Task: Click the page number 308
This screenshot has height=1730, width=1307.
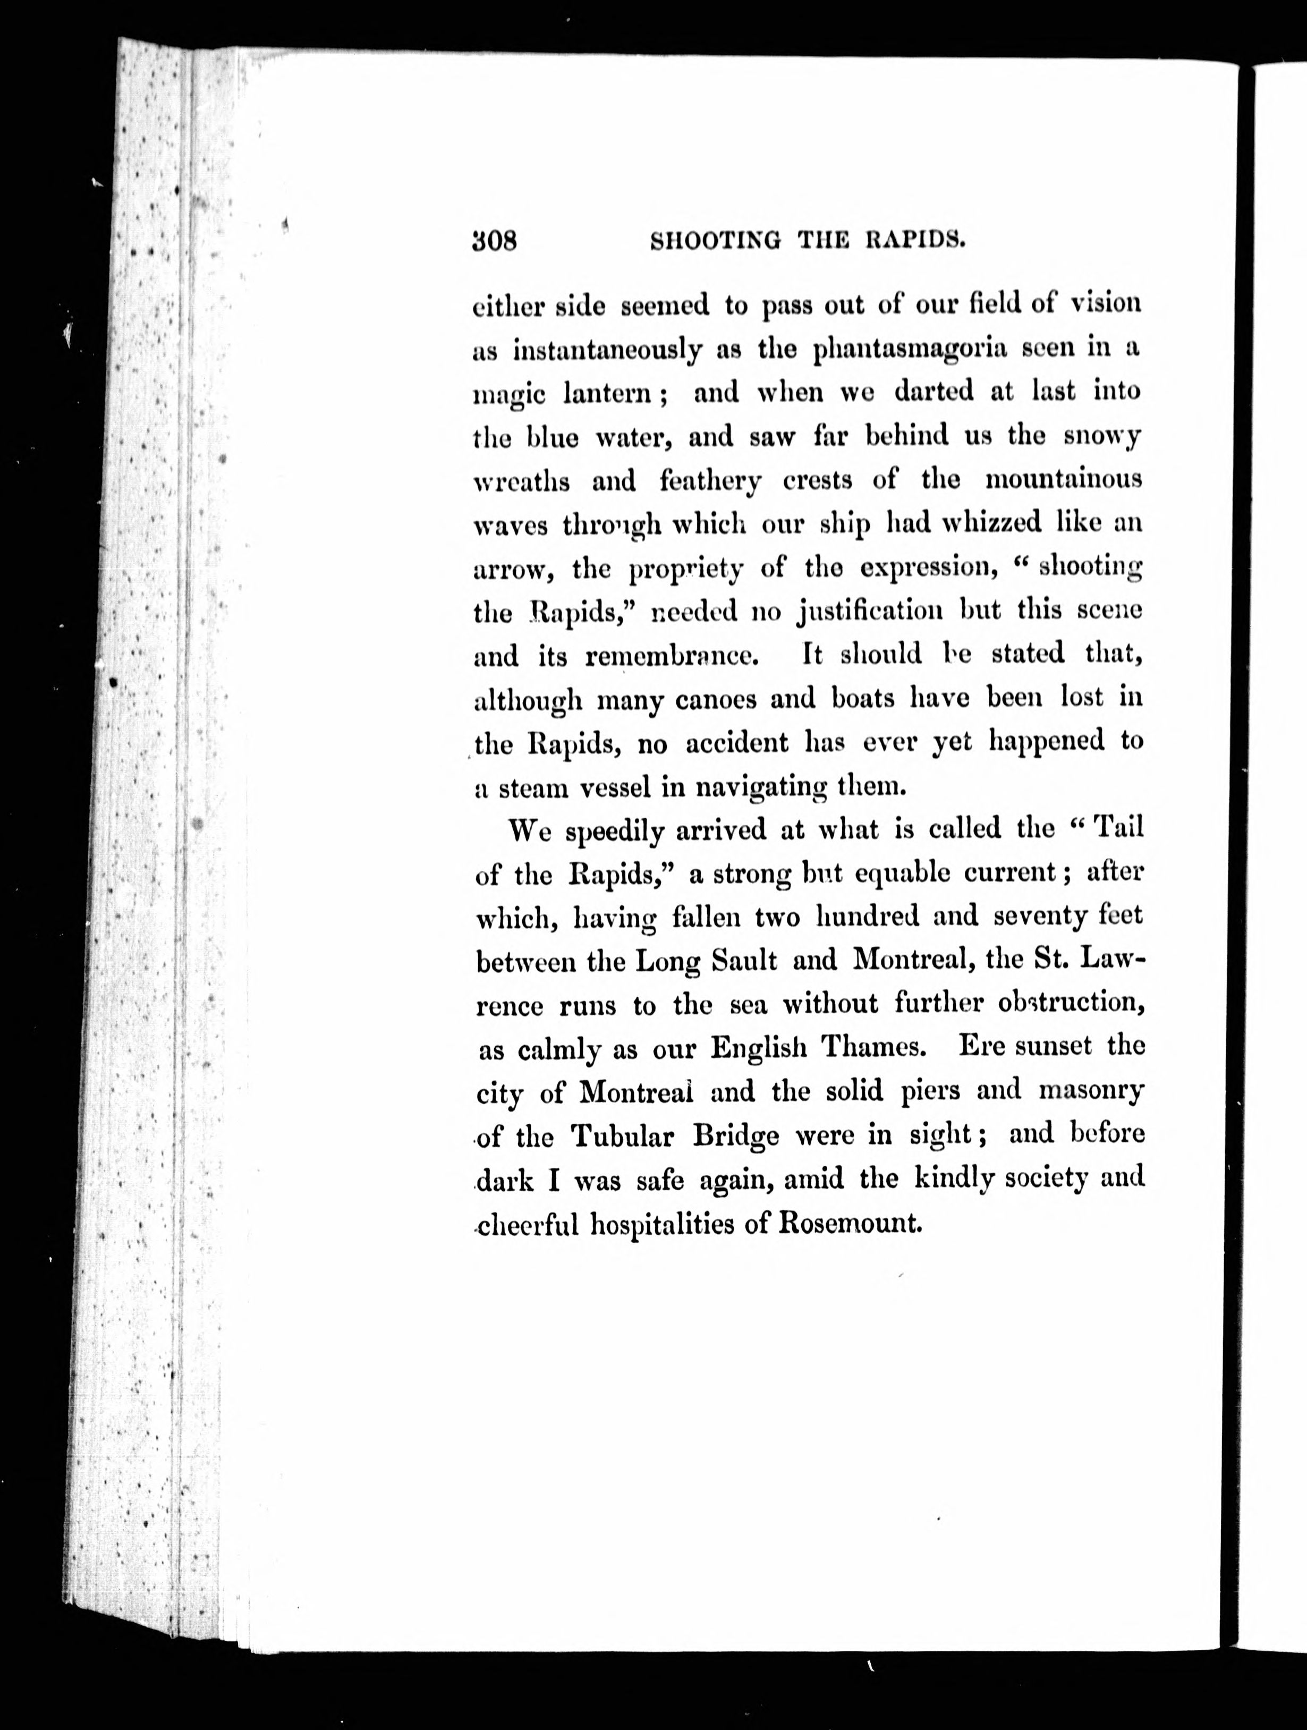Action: (x=494, y=241)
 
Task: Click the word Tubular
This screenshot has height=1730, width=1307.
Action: (x=622, y=1135)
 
